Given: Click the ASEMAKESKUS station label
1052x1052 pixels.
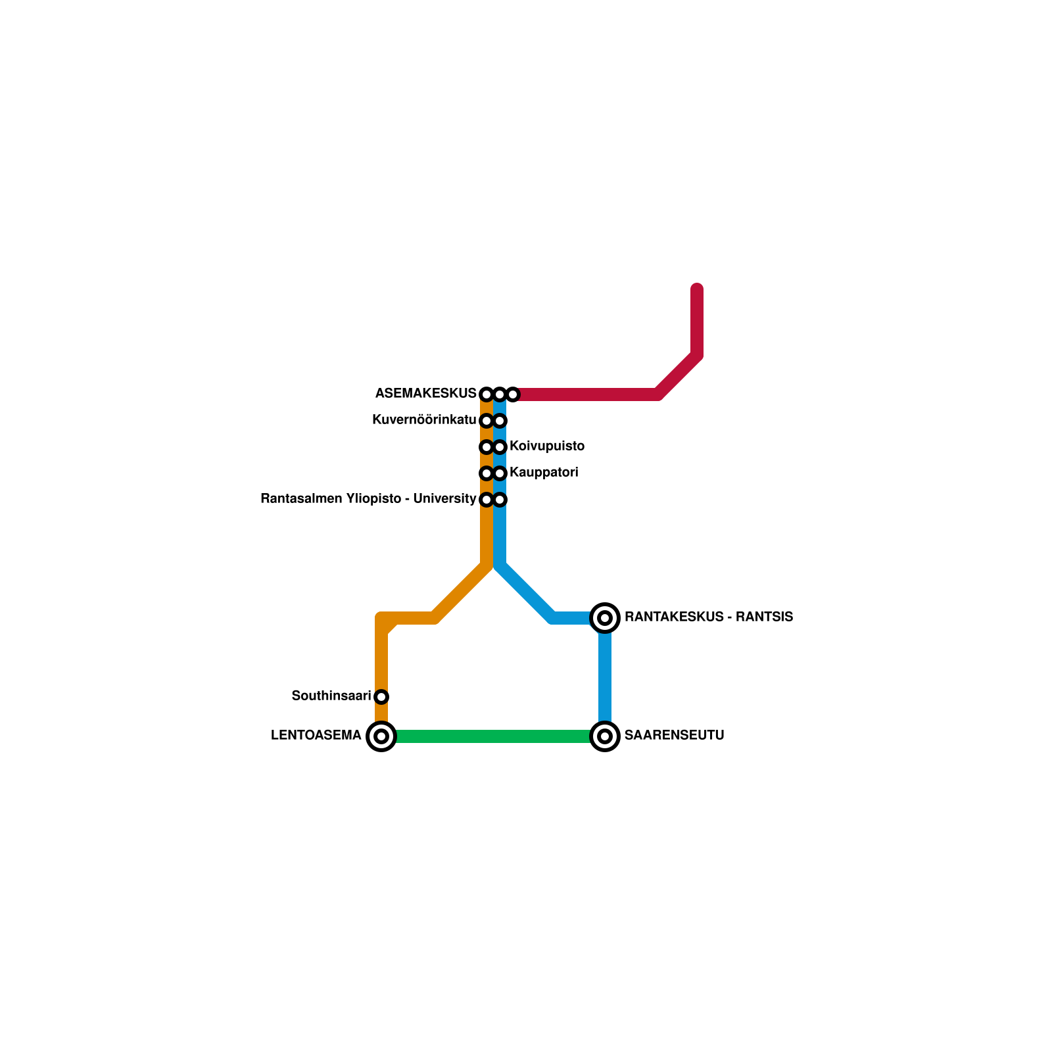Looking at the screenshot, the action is (425, 394).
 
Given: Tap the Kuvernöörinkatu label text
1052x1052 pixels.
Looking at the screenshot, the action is (424, 420).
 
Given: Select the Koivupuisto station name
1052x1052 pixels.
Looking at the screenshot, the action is (547, 446).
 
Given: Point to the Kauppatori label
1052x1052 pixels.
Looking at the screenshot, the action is (544, 473).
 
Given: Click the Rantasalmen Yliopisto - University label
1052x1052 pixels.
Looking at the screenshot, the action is (368, 499).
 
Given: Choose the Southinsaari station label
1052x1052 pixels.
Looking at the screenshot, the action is (331, 696).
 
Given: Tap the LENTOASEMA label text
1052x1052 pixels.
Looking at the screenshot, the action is (316, 736).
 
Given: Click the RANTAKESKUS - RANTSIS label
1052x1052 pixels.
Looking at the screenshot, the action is (709, 617).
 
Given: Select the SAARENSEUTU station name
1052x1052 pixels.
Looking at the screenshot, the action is (674, 736).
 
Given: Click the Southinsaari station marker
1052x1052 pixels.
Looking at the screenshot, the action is (381, 697).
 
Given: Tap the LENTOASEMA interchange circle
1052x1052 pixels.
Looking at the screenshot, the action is (381, 736).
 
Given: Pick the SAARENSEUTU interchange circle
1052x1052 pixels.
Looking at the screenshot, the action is (605, 736).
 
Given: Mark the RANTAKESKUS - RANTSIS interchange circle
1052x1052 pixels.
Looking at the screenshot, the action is (605, 618).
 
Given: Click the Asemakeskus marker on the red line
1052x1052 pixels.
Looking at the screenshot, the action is (513, 394).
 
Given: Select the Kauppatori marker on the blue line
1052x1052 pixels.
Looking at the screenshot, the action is (500, 473).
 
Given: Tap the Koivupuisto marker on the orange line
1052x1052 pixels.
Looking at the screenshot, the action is (487, 447).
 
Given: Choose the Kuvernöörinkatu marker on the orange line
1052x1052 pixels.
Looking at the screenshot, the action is (487, 421).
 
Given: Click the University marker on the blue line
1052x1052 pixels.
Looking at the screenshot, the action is (500, 500).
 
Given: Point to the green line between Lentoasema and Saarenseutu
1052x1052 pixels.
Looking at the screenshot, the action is (493, 736).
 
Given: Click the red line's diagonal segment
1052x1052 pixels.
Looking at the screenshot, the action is (677, 375).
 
